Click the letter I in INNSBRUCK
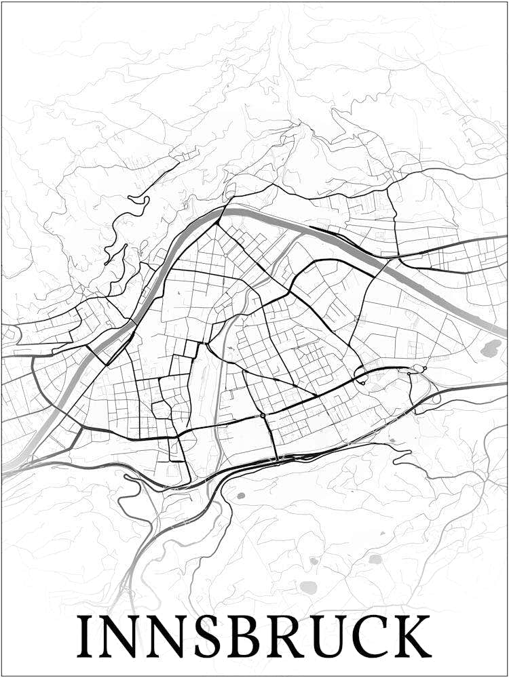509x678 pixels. (86, 637)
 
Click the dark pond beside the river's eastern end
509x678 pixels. (490, 348)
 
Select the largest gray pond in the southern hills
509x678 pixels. (309, 587)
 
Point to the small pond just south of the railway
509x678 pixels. (240, 496)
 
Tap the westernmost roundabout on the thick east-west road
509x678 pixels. (262, 415)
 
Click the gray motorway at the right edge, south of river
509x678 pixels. (499, 384)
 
